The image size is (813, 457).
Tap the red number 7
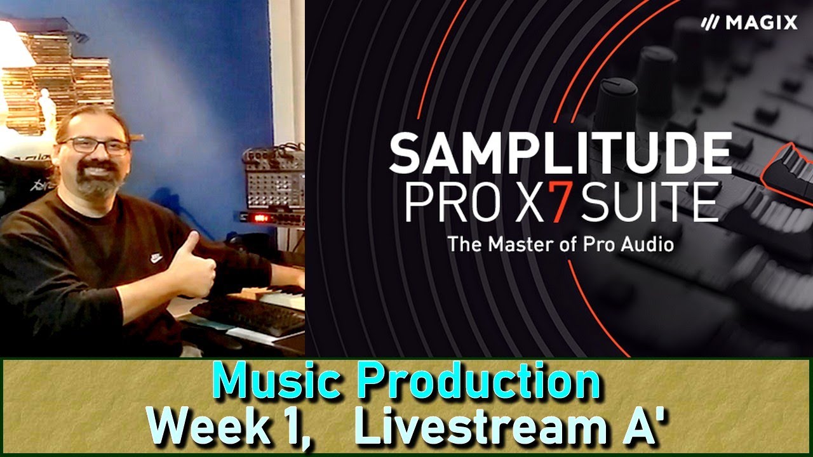click(557, 202)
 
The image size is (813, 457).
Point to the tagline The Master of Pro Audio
click(560, 244)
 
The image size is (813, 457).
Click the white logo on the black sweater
click(156, 258)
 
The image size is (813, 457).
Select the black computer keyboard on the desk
click(251, 315)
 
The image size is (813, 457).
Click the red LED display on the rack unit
click(260, 218)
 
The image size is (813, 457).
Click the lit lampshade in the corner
click(14, 44)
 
